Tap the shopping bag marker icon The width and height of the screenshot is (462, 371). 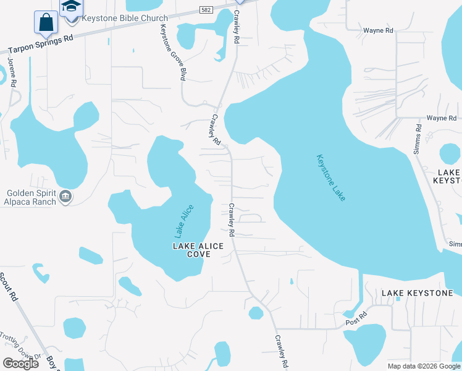pos(46,22)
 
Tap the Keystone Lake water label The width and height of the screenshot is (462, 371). pos(332,177)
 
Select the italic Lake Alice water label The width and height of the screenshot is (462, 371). pos(184,221)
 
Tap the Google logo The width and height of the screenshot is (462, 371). pos(20,363)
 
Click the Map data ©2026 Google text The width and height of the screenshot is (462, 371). pos(423,366)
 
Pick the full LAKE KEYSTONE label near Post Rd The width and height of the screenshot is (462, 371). pos(417,292)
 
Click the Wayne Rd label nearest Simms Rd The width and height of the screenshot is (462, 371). pos(442,118)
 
